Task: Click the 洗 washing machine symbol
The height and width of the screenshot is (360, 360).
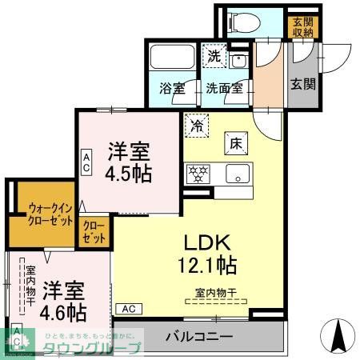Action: pos(214,55)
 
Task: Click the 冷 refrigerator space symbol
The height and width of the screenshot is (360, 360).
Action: pos(194,125)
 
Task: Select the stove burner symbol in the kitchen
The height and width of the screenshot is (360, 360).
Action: pos(196,172)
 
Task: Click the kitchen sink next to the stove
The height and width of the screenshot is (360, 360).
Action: pos(237,172)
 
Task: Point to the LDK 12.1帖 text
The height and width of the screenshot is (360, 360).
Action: pos(210,251)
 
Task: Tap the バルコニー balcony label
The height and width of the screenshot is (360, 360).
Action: pos(200,337)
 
